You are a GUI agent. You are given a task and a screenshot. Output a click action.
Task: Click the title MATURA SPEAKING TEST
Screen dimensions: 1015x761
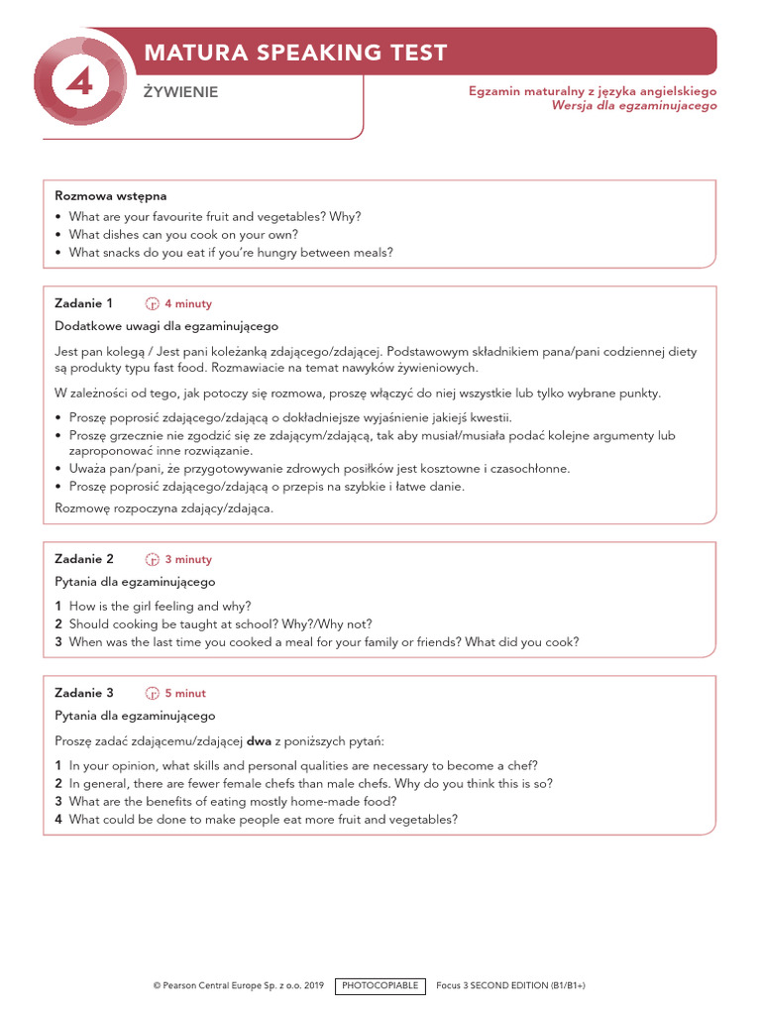point(295,53)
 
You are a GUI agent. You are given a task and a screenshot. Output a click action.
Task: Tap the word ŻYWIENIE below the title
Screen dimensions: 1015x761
point(180,92)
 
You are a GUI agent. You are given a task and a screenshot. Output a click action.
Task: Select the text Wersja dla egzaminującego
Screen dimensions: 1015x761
point(634,106)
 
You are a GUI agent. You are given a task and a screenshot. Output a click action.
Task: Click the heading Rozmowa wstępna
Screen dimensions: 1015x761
point(110,196)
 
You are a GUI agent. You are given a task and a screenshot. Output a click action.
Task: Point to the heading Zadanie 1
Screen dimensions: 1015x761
point(84,303)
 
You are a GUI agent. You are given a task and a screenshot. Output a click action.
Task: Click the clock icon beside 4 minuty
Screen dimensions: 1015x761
point(153,304)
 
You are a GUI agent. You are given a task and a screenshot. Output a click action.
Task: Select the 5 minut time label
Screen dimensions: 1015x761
point(185,694)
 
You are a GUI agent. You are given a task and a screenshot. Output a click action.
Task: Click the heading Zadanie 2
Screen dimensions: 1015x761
point(84,559)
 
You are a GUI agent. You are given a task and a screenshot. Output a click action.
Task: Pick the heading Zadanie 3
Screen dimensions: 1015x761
point(84,693)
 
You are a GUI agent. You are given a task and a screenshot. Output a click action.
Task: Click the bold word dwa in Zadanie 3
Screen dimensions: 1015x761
point(259,740)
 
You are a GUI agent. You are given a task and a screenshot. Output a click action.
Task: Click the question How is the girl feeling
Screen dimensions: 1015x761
point(160,607)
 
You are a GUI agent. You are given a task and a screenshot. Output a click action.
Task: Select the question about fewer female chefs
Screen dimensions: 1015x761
point(310,783)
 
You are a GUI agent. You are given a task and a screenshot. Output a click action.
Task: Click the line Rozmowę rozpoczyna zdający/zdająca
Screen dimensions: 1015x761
point(163,508)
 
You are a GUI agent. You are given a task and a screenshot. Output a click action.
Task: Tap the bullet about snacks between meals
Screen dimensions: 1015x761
point(231,253)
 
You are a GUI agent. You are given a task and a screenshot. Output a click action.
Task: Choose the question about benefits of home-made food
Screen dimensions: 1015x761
point(233,801)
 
